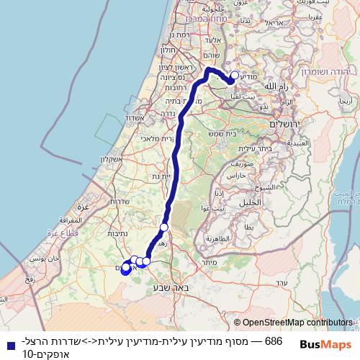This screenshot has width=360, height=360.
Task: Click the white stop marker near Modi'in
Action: click(234, 75)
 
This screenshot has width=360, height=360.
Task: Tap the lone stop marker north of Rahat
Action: click(164, 228)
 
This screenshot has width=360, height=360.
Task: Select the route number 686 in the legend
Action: click(273, 340)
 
